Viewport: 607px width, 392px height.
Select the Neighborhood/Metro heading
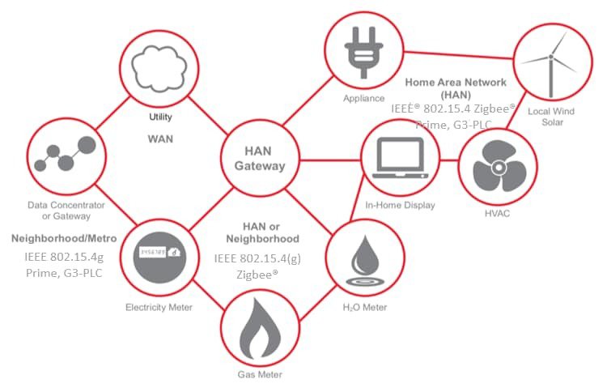coord(64,239)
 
